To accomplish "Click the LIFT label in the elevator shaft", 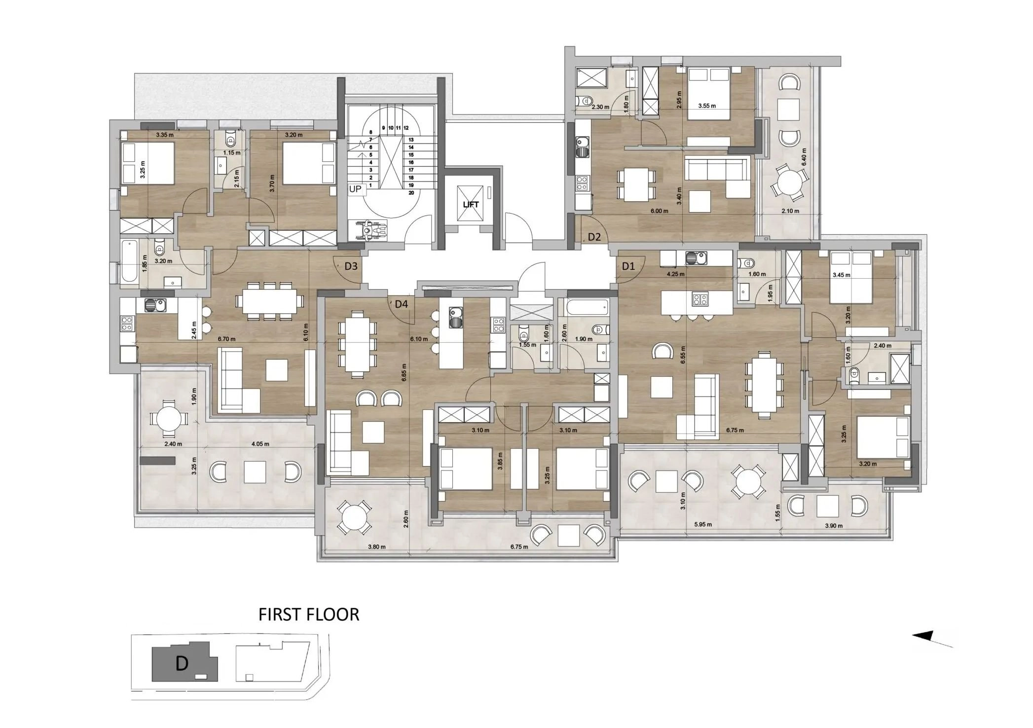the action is pyautogui.click(x=471, y=205).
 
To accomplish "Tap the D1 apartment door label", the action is pyautogui.click(x=628, y=267).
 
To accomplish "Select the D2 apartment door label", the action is pyautogui.click(x=594, y=237).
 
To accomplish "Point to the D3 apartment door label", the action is pyautogui.click(x=351, y=266).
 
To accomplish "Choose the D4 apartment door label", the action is pyautogui.click(x=402, y=304).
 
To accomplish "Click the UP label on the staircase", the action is pyautogui.click(x=355, y=189).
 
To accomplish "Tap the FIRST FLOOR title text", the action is pyautogui.click(x=309, y=615).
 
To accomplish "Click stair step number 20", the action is pyautogui.click(x=411, y=193).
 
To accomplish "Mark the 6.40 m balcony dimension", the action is pyautogui.click(x=804, y=158).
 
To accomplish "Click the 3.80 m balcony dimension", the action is pyautogui.click(x=376, y=546).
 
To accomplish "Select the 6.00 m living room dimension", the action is pyautogui.click(x=659, y=211).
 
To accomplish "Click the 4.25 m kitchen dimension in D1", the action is pyautogui.click(x=675, y=274).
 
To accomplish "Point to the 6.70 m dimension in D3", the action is pyautogui.click(x=227, y=339).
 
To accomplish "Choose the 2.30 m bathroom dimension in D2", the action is pyautogui.click(x=600, y=107).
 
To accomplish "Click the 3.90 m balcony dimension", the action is pyautogui.click(x=833, y=526).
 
